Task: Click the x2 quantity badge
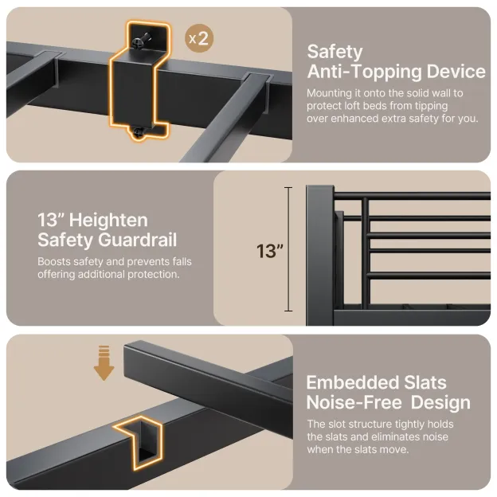click(199, 38)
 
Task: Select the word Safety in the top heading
click(335, 52)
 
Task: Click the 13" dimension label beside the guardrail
click(270, 252)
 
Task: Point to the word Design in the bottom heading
click(440, 403)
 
